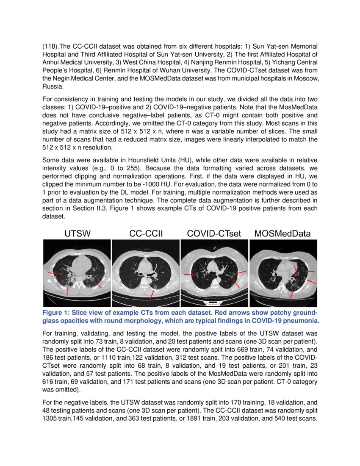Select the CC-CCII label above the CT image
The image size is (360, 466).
[146, 233]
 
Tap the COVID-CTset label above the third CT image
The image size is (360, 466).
[214, 233]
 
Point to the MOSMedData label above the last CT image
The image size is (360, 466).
[282, 233]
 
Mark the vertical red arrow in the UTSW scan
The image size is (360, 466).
[68, 291]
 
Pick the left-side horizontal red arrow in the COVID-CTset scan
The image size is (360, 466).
[189, 275]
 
